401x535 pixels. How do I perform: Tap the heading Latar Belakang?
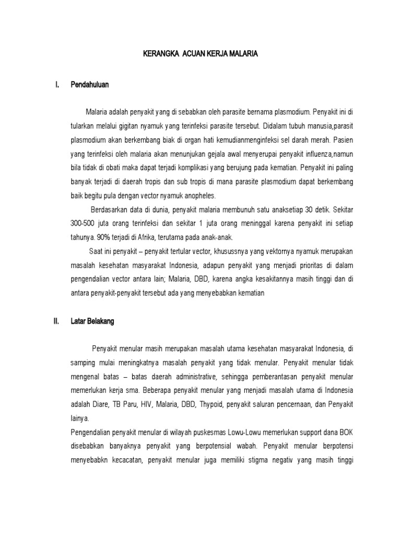tap(92, 322)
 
